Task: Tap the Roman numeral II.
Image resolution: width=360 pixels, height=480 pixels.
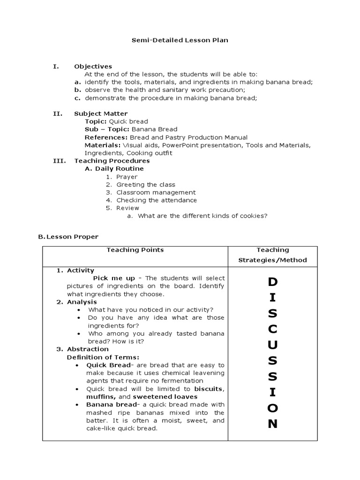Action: (57, 114)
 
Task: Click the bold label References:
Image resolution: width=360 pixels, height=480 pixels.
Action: (106, 137)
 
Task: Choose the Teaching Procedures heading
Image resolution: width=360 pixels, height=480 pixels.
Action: (112, 161)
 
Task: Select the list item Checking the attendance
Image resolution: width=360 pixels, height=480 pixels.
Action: (157, 200)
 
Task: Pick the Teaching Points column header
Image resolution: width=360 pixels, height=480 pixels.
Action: (135, 250)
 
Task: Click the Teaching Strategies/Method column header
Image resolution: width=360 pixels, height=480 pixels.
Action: (272, 255)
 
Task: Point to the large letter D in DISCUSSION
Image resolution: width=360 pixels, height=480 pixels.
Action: (272, 282)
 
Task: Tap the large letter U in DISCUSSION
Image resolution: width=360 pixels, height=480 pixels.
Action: (272, 345)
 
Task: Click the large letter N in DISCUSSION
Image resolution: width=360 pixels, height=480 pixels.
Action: (272, 424)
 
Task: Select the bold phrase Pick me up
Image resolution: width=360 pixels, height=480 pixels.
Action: (114, 278)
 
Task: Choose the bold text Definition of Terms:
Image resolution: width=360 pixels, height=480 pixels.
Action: (103, 357)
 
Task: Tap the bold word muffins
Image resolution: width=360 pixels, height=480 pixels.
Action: (100, 397)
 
